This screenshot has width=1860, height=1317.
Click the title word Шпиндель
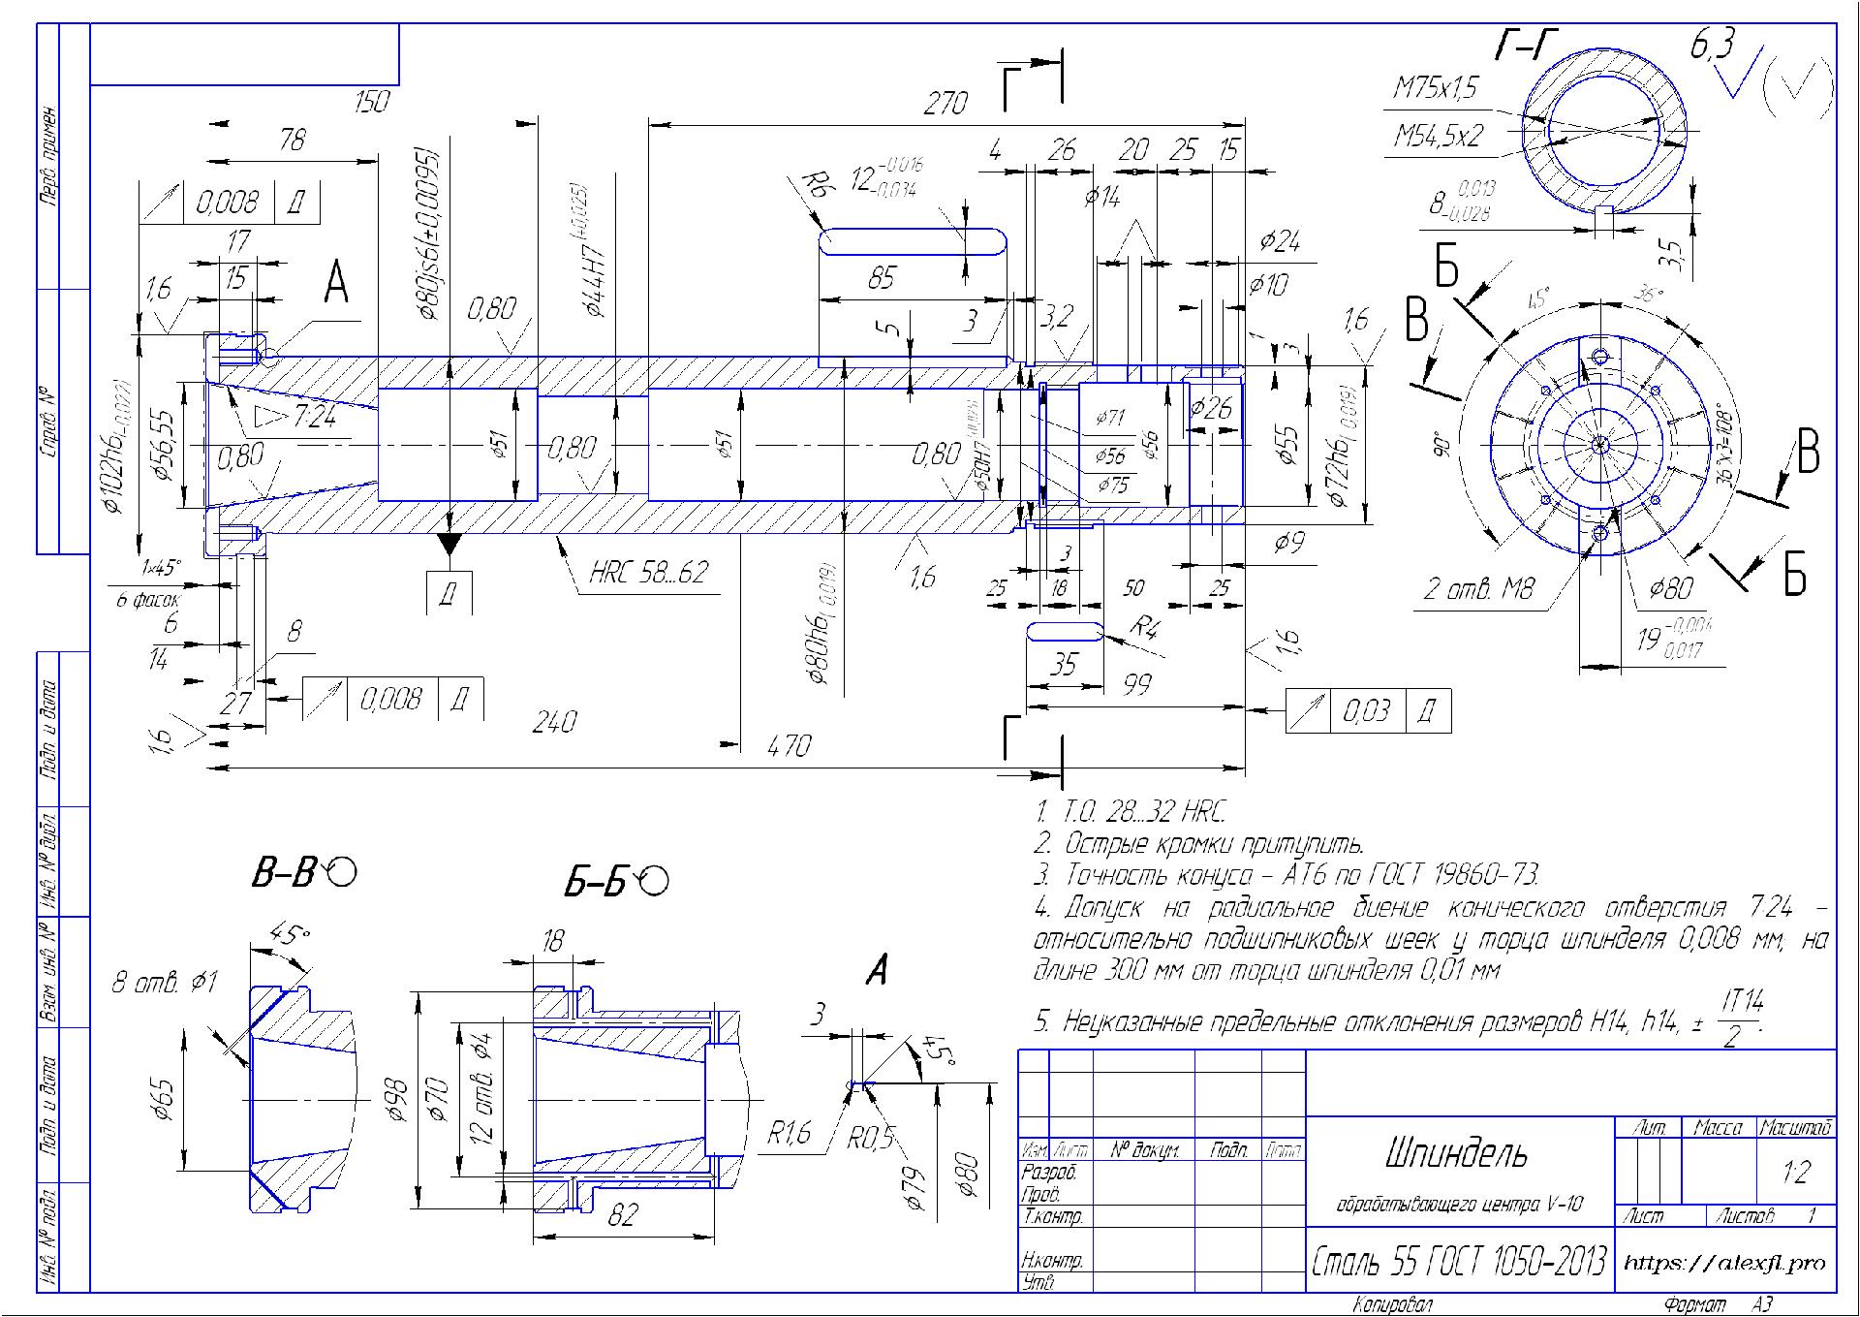(1457, 1154)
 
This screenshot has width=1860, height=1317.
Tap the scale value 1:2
(1795, 1174)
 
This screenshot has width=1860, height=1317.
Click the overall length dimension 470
(789, 746)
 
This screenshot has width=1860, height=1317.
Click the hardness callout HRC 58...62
(649, 573)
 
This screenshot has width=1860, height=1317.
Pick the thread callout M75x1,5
(1436, 89)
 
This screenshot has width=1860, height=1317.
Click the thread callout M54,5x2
(1438, 136)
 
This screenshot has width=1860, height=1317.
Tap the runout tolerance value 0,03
(1366, 712)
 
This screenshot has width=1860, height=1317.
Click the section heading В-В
(284, 874)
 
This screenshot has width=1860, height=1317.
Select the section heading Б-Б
(597, 883)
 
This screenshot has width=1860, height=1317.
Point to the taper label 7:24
(315, 418)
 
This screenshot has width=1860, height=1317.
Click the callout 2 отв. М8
(1478, 588)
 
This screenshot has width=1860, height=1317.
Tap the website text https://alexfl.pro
(1724, 1263)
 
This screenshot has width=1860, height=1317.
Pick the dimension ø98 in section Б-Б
(397, 1100)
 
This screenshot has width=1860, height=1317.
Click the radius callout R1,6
(790, 1133)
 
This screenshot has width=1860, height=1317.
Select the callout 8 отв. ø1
(165, 983)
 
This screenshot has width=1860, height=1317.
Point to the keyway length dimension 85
(882, 279)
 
